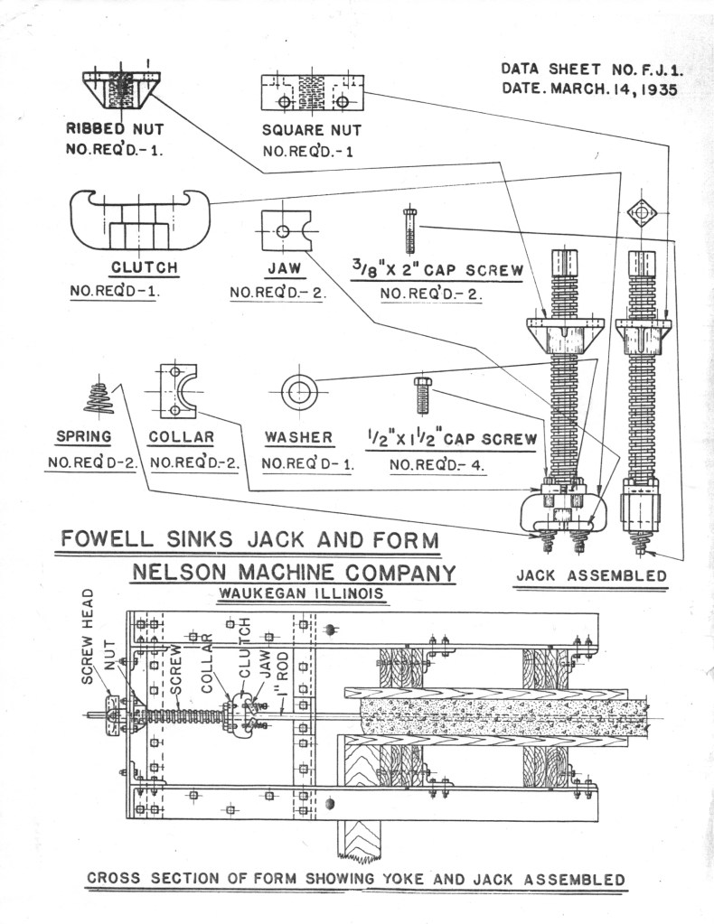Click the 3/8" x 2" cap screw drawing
click(x=409, y=230)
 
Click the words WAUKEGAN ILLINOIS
click(x=298, y=594)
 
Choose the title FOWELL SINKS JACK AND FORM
click(x=249, y=540)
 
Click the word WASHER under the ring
click(x=298, y=438)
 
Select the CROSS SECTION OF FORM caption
click(x=355, y=879)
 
